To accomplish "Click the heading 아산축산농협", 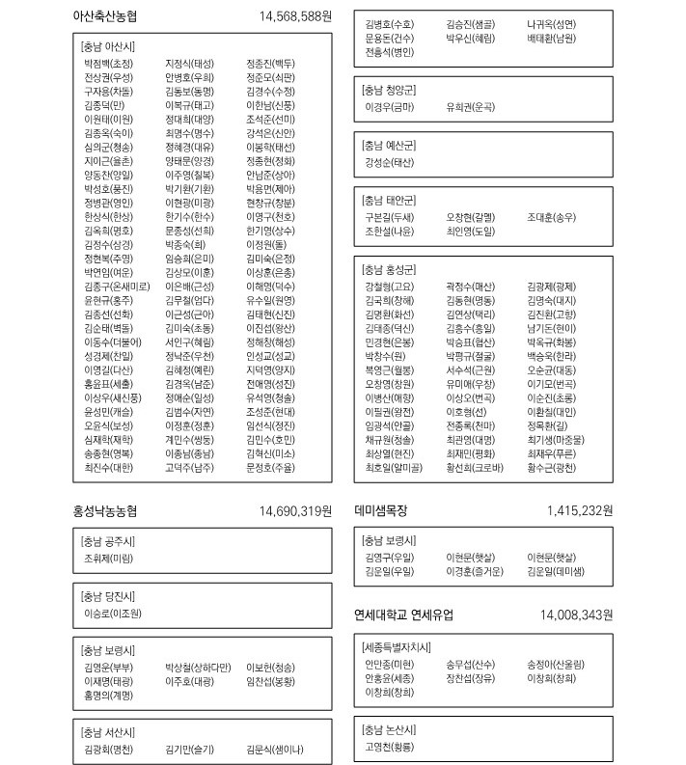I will [x=105, y=16].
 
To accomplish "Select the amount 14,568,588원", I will [x=295, y=16].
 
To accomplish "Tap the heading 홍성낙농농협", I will [x=105, y=511].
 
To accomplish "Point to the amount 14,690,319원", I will [x=295, y=511].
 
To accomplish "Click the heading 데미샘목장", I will [x=381, y=511].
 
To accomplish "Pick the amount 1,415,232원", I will [x=579, y=511].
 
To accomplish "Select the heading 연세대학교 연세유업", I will [x=403, y=615].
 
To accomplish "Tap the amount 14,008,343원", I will [x=577, y=615].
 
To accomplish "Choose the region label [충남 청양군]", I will [x=389, y=90].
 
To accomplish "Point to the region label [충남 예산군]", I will [x=389, y=145].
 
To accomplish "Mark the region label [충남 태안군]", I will [x=389, y=201].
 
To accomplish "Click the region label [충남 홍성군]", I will [x=389, y=268].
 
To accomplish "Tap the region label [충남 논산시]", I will [x=389, y=729].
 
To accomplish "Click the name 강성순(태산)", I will [x=390, y=162].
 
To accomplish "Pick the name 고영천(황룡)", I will [x=390, y=747].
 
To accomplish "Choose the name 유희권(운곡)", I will [x=470, y=107].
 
